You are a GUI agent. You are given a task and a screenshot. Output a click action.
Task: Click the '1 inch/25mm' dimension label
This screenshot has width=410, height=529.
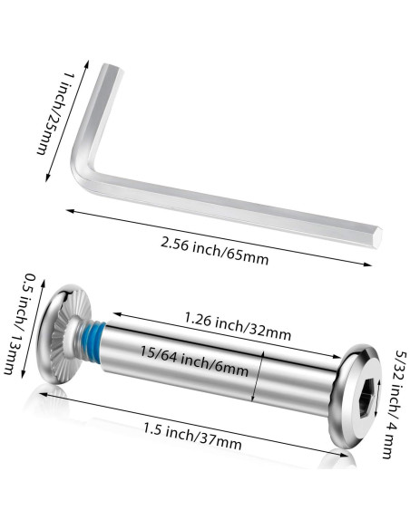pos(54,113)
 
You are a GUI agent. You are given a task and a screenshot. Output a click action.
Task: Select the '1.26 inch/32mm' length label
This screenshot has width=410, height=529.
pos(238,326)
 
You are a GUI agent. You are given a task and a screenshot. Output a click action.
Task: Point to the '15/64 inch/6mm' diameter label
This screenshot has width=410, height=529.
pos(194,361)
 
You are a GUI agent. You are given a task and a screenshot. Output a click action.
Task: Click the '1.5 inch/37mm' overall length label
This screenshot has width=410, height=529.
pos(192,437)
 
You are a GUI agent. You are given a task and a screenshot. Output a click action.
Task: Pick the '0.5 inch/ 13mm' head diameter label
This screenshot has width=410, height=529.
pos(21,323)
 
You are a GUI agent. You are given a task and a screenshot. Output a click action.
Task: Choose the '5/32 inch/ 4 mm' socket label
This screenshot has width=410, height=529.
pos(395,405)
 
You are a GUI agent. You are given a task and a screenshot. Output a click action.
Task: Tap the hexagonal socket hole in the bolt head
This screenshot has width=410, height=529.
pos(367,398)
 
